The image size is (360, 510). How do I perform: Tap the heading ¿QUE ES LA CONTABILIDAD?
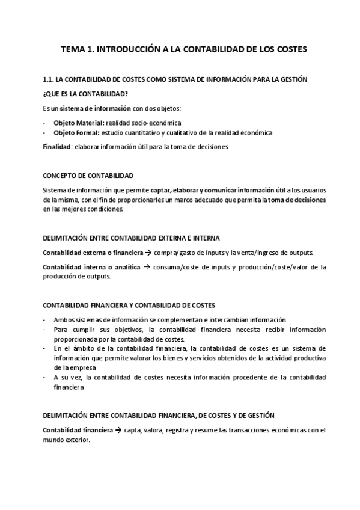[85, 93]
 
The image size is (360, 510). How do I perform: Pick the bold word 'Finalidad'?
[57, 146]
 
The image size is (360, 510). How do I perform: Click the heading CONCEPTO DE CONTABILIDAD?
[88, 176]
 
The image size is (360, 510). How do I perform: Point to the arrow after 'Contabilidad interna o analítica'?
[145, 266]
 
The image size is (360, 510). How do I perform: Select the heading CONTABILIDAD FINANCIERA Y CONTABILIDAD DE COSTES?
[129, 306]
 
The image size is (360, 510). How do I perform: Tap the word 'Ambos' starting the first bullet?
[63, 320]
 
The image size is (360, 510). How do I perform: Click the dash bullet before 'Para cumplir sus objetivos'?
[44, 330]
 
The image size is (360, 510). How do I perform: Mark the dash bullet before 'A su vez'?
[44, 377]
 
